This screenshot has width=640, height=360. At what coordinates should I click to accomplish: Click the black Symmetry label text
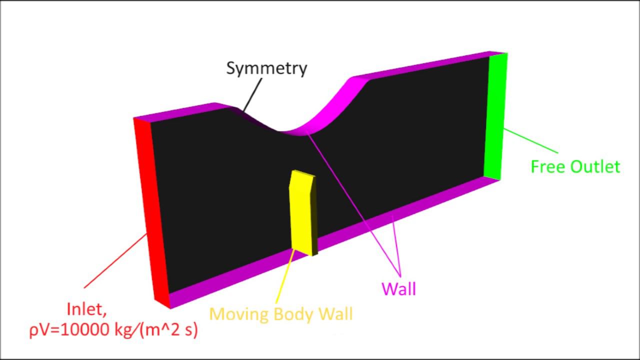[x=266, y=68]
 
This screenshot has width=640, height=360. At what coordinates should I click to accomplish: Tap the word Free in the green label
[x=547, y=166]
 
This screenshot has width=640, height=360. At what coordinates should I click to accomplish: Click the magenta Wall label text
[x=399, y=288]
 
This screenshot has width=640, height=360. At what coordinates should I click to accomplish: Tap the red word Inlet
[x=86, y=309]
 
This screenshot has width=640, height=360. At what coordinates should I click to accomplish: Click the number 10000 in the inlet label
[x=85, y=330]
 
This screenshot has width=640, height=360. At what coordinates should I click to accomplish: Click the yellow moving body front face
[x=300, y=211]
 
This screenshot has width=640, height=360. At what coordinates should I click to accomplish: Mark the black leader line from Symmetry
[x=252, y=94]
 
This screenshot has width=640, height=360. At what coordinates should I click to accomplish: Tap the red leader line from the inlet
[x=115, y=261]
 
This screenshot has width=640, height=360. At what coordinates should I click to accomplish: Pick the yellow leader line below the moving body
[x=285, y=276]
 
